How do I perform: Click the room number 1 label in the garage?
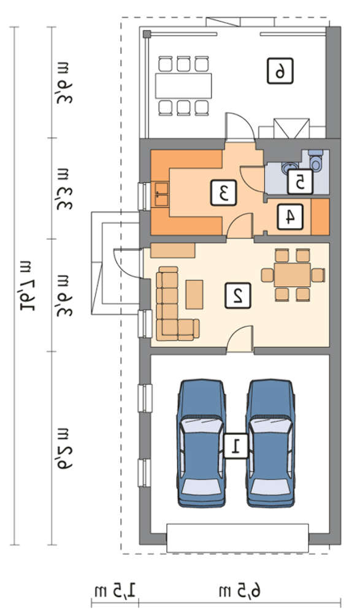click(x=236, y=446)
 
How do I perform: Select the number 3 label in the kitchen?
click(x=224, y=192)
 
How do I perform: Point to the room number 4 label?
click(x=290, y=216)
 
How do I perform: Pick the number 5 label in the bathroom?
click(x=300, y=182)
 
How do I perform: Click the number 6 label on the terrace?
click(x=280, y=70)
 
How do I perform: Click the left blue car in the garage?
click(x=202, y=443)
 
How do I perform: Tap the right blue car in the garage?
click(x=270, y=443)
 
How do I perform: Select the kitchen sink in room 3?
click(x=161, y=194)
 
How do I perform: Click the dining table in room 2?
click(x=293, y=275)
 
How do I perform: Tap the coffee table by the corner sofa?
click(x=194, y=294)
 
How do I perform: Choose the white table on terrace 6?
click(x=183, y=86)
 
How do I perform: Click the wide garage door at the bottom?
click(x=237, y=538)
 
